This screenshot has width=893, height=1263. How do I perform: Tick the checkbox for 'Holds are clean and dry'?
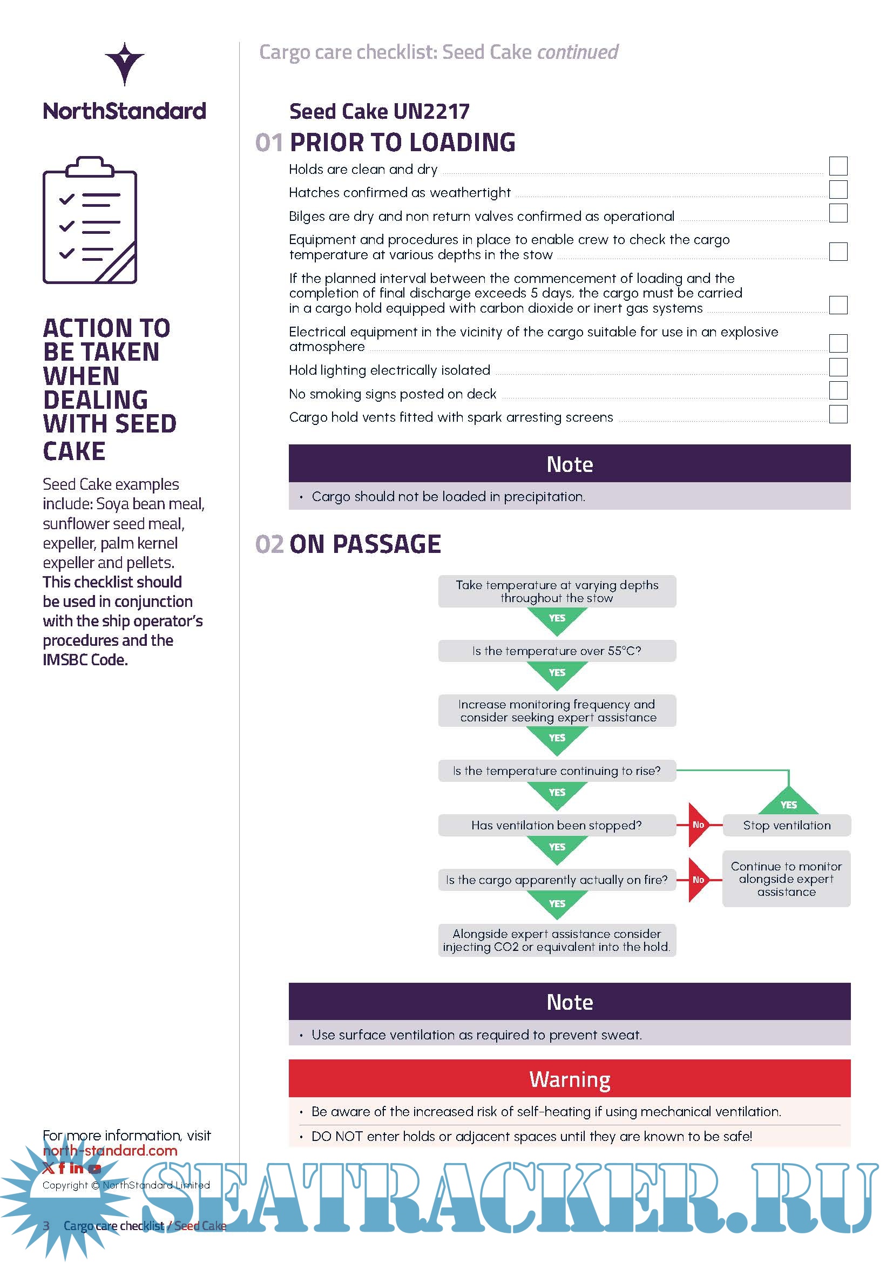(x=838, y=166)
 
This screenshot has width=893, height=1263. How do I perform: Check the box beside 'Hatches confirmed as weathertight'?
(x=838, y=189)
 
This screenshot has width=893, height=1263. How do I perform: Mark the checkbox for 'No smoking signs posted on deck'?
(x=838, y=390)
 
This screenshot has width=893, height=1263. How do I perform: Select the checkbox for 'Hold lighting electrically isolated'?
(x=838, y=367)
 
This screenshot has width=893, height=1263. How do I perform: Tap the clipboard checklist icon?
(x=90, y=220)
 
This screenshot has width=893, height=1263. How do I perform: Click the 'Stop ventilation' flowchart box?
(x=787, y=825)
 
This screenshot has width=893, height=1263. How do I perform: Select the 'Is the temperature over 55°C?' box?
(x=557, y=651)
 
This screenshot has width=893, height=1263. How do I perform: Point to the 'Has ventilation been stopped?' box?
(x=557, y=825)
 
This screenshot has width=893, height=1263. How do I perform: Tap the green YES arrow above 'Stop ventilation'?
(x=788, y=800)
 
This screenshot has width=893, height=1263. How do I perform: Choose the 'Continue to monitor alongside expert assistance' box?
(x=787, y=879)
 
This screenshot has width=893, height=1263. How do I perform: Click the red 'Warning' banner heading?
(x=570, y=1079)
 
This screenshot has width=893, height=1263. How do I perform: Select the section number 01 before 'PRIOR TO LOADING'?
(x=269, y=143)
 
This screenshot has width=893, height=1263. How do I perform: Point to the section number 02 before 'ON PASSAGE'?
(x=269, y=544)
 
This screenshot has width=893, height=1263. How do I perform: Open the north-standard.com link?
(x=110, y=1150)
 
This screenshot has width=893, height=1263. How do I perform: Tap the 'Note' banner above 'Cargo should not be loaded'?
(x=570, y=464)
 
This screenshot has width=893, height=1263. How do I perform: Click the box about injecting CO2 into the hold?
(x=557, y=940)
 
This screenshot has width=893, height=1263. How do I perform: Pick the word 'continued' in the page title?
(x=577, y=52)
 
